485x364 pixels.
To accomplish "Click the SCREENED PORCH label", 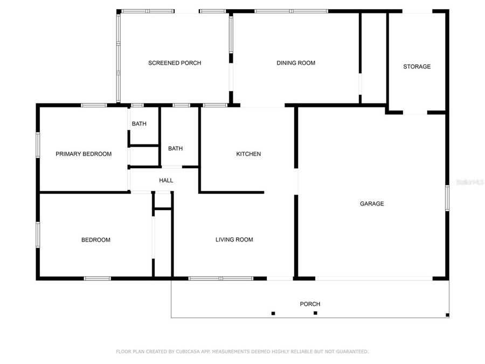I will [175, 63].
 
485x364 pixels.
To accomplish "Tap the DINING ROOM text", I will [296, 63].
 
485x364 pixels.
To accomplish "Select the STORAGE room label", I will [417, 67].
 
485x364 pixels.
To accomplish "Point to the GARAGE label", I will [372, 204].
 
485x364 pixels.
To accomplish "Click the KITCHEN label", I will [248, 154].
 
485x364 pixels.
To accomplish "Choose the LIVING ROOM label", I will [234, 240].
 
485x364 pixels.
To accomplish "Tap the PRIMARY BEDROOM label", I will [84, 154].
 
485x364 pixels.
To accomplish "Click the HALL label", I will [166, 181].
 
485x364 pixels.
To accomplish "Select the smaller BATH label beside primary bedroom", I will [139, 124].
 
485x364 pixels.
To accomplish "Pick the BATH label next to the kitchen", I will [175, 149].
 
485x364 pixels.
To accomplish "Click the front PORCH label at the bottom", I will [310, 304].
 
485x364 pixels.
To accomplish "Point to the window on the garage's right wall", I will [447, 198].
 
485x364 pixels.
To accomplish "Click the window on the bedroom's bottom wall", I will [98, 278].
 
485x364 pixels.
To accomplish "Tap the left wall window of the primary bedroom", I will [38, 145].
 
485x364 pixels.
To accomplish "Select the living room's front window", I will [220, 278].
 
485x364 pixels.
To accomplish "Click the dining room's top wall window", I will [291, 11].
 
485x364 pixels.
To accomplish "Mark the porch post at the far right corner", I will [447, 315].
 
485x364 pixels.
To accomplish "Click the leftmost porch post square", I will [273, 313].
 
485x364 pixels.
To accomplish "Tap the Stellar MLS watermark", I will [470, 183].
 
